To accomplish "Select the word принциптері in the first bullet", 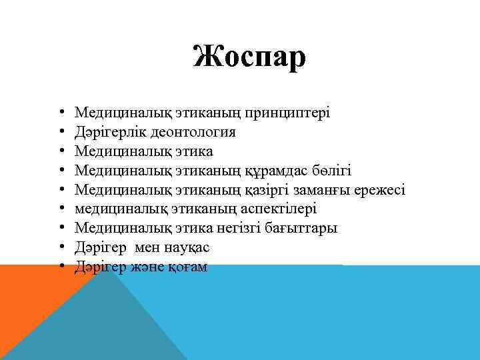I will (x=291, y=113).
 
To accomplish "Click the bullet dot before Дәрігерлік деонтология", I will (x=61, y=132).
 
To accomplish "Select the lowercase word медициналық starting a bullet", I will (x=114, y=209).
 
